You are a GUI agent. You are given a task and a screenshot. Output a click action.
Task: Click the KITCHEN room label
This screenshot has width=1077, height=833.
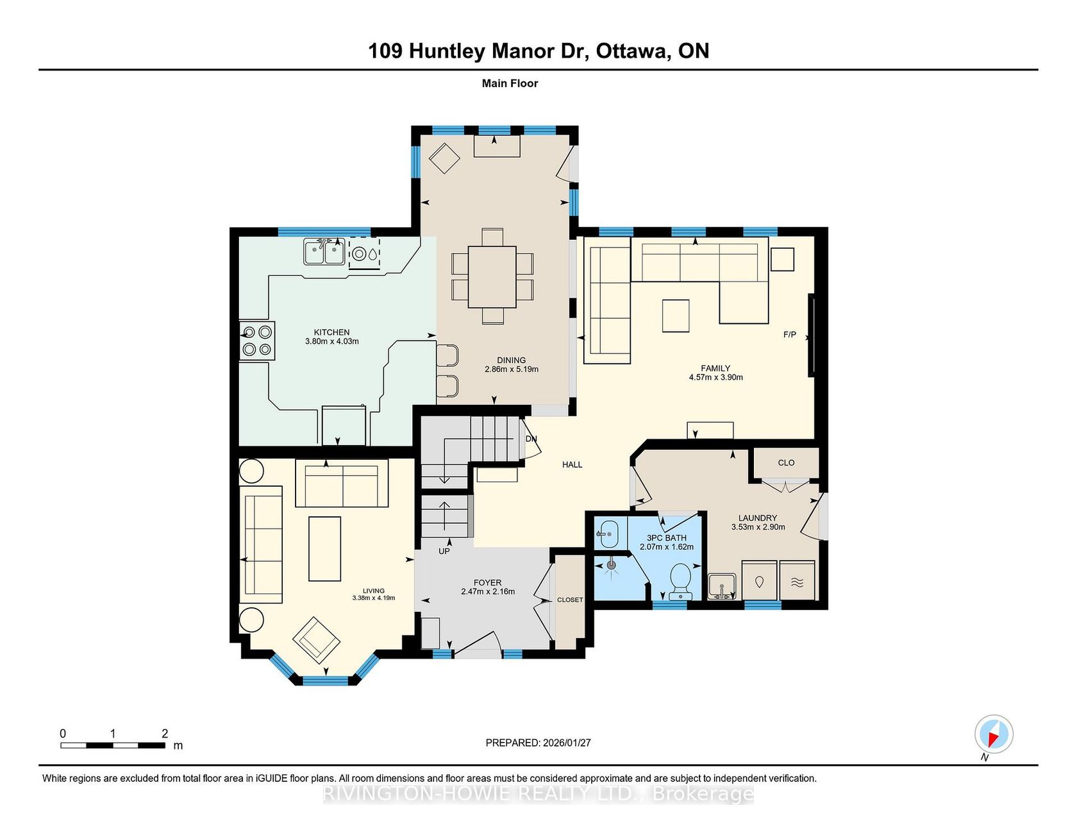[331, 332]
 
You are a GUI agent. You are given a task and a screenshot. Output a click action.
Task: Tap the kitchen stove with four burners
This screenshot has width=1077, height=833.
[257, 341]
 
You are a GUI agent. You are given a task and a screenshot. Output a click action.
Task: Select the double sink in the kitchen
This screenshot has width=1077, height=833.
[324, 251]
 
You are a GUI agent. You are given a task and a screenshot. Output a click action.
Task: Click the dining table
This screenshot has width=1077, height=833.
[492, 277]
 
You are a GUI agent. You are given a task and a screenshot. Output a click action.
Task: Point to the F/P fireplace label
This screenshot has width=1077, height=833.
[790, 335]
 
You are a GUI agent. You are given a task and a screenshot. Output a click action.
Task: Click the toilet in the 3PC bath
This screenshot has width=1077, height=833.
[680, 581]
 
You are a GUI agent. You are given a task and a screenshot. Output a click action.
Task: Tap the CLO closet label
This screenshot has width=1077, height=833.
[786, 462]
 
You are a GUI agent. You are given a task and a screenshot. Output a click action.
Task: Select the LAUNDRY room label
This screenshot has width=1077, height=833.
[758, 517]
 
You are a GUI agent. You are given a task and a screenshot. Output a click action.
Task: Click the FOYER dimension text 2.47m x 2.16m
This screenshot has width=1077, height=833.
[488, 591]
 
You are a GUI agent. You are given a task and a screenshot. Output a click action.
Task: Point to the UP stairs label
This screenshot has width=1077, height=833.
[444, 551]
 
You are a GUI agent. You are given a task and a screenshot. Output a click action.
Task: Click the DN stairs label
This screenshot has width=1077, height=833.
[531, 439]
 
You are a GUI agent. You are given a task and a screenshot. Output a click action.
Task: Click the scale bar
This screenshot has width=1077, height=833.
[113, 745]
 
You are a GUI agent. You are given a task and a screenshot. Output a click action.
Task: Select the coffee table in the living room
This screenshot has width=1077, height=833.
[324, 549]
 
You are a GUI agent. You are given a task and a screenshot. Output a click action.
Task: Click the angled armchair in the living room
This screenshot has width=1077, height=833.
[316, 640]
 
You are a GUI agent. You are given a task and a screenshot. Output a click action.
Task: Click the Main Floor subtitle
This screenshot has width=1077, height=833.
[510, 83]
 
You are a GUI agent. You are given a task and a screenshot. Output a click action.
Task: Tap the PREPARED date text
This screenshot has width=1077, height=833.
[538, 743]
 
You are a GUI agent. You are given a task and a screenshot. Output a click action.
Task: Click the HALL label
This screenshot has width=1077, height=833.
[572, 464]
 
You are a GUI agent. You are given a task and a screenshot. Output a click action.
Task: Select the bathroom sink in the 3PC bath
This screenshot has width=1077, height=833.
[606, 533]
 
